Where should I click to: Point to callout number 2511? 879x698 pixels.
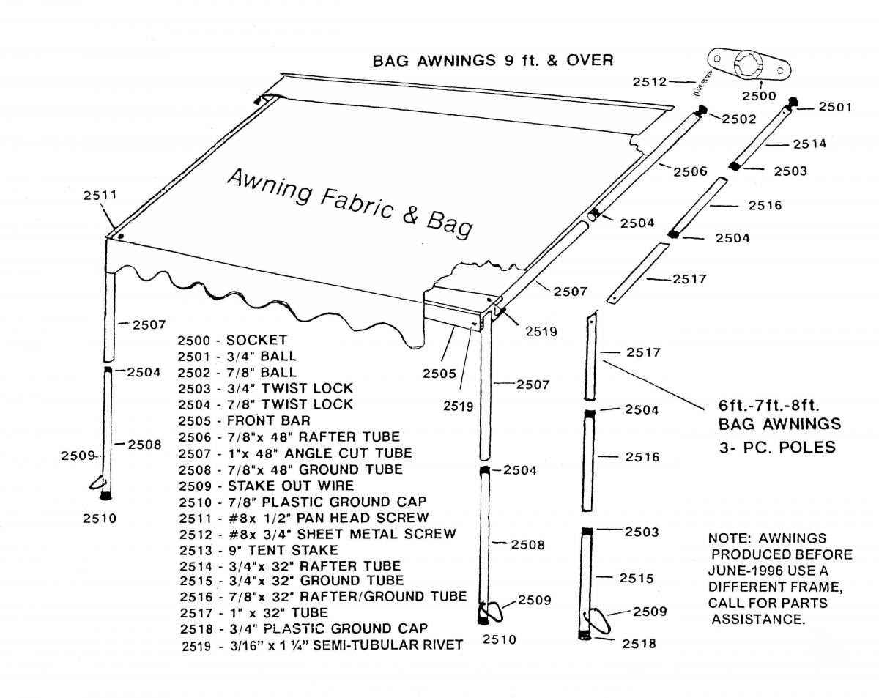(x=100, y=196)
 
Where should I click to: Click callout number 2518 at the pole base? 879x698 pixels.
(x=639, y=644)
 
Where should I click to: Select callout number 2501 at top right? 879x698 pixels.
(x=835, y=108)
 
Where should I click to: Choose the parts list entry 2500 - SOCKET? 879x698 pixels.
(x=232, y=340)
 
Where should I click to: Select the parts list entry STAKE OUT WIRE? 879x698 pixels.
(x=265, y=485)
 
